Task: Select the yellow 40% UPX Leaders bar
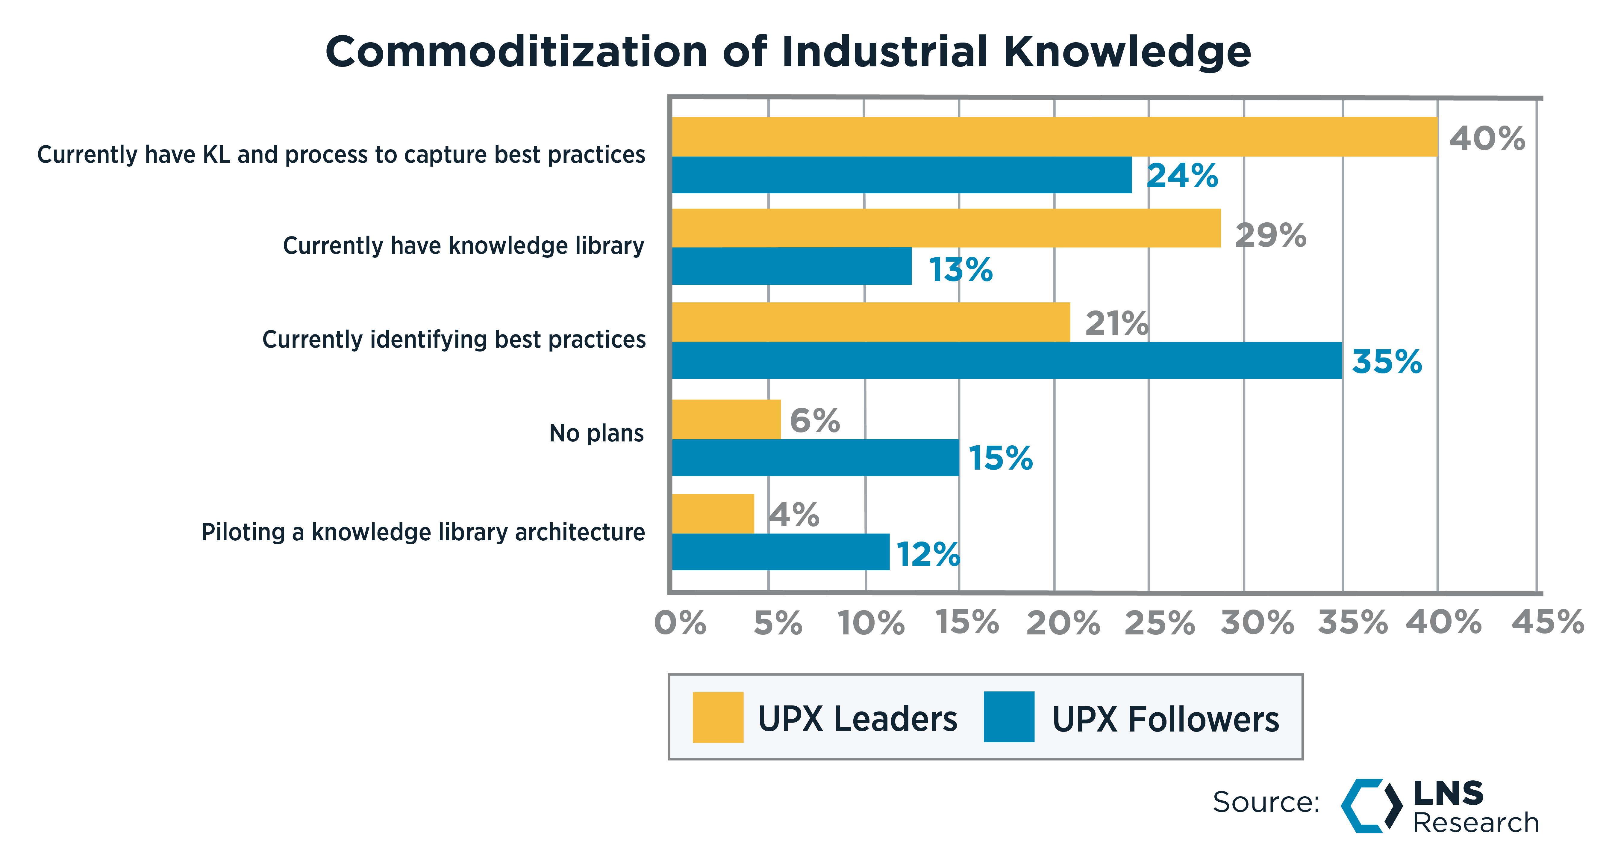[1053, 137]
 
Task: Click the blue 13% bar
[791, 266]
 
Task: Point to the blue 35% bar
[1006, 360]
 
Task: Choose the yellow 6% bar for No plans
[726, 419]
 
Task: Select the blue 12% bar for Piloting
[780, 552]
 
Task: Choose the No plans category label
[596, 433]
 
